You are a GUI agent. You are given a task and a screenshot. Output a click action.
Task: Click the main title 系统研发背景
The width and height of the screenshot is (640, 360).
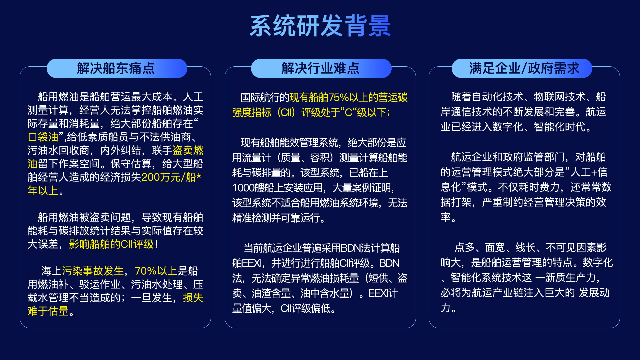(320, 26)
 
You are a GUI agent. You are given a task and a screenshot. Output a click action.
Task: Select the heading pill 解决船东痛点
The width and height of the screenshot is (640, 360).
(117, 68)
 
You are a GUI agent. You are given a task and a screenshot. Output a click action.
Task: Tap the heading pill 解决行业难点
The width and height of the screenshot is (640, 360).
(321, 68)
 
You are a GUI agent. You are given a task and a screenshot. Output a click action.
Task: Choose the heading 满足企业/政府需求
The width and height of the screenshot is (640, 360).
(522, 68)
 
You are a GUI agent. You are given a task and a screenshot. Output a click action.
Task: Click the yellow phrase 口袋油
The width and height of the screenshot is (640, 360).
(43, 137)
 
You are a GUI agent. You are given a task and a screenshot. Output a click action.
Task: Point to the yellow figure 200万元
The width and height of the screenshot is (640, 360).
(161, 177)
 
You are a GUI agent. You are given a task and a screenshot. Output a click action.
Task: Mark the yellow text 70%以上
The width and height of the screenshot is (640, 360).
(156, 271)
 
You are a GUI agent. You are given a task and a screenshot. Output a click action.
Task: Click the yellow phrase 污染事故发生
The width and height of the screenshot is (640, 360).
(93, 271)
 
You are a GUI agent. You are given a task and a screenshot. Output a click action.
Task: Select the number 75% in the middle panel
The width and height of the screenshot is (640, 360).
(339, 97)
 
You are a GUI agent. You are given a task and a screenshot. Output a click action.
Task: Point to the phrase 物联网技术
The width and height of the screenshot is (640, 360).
(560, 97)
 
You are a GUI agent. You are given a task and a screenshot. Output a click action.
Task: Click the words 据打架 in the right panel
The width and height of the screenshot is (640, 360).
(456, 202)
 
